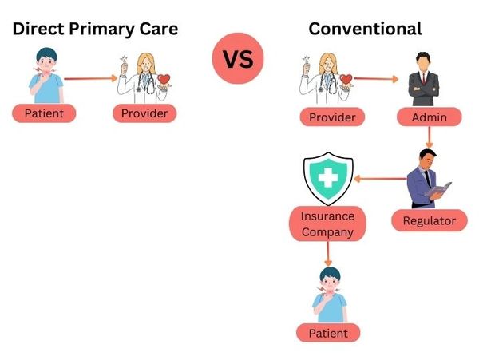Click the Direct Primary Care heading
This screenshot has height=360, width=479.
[x=94, y=29]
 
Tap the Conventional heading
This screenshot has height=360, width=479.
[x=365, y=29]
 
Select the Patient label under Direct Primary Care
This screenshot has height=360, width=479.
[x=44, y=113]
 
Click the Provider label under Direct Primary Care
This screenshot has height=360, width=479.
[x=144, y=113]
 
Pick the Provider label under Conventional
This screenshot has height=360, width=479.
[x=331, y=117]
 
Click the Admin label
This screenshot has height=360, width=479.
[x=430, y=117]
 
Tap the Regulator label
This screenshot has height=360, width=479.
[x=429, y=220]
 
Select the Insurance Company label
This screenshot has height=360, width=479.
[x=327, y=224]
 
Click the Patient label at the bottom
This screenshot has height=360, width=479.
[x=327, y=333]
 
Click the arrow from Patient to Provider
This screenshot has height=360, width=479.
[x=90, y=78]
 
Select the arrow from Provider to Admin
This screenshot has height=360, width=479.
[x=375, y=78]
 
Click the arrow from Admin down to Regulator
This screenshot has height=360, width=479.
[x=430, y=139]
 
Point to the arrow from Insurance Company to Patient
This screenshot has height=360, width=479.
[x=327, y=254]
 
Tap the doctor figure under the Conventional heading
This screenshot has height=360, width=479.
[x=327, y=77]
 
